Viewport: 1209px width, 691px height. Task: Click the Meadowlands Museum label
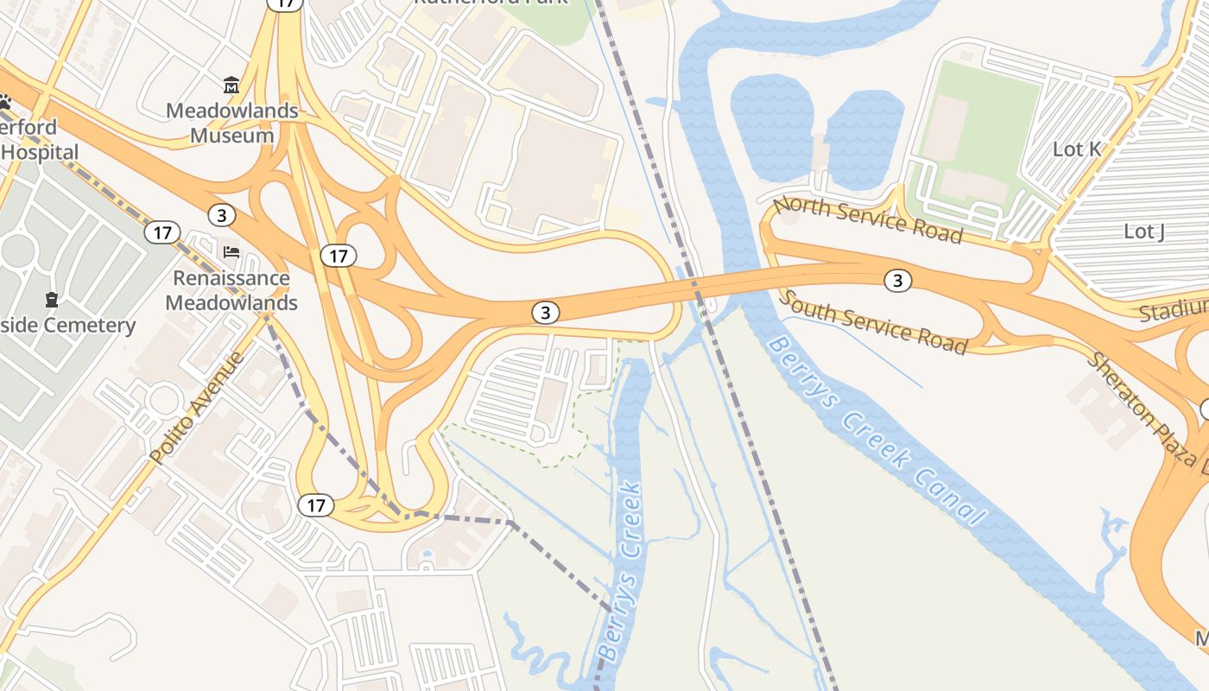(x=231, y=123)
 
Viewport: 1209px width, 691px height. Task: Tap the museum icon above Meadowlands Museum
(x=231, y=86)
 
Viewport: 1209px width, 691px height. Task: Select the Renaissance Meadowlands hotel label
(x=231, y=290)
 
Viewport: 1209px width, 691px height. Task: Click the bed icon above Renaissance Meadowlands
(x=231, y=252)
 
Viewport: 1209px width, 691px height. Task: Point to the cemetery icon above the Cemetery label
(x=52, y=300)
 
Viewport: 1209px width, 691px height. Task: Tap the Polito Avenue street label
(x=198, y=407)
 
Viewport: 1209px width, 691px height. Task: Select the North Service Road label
(x=867, y=220)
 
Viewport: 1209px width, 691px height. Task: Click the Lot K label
(x=1077, y=149)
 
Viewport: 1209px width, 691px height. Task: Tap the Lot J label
(x=1143, y=231)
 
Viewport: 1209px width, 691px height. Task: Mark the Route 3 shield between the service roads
(x=898, y=280)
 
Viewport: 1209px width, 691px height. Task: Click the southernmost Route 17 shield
(x=315, y=505)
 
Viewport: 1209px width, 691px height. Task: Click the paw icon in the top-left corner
(x=4, y=102)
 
